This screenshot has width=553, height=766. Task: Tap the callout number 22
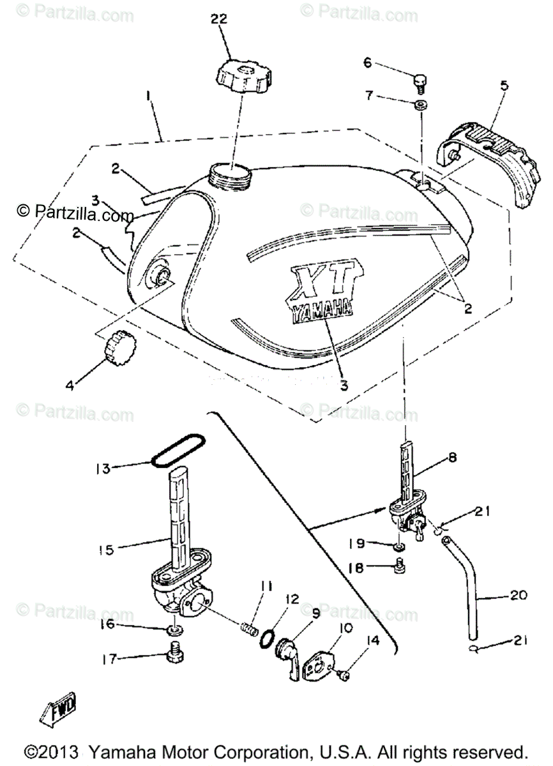[219, 20]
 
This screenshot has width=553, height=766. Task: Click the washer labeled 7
[421, 105]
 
